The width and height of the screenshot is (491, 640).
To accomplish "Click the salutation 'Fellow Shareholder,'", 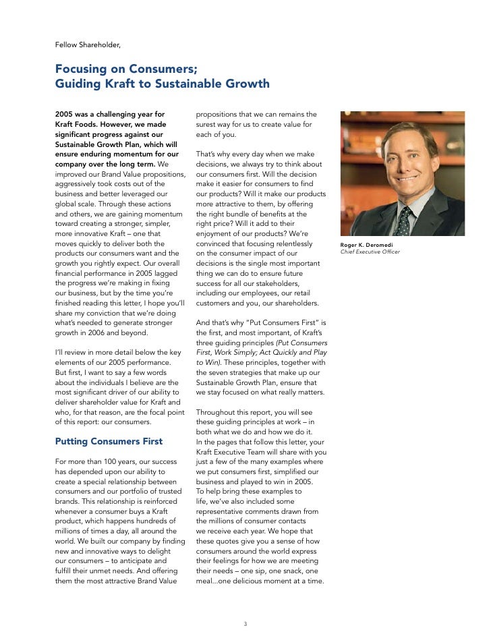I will [x=88, y=45].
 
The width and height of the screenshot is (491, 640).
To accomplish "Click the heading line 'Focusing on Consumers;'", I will [x=126, y=69].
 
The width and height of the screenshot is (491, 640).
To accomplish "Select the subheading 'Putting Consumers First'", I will [x=109, y=441].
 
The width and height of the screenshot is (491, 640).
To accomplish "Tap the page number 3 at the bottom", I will [x=246, y=623].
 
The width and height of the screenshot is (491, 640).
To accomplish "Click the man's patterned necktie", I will [x=404, y=219].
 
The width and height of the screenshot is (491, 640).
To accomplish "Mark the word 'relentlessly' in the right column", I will [x=292, y=243].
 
